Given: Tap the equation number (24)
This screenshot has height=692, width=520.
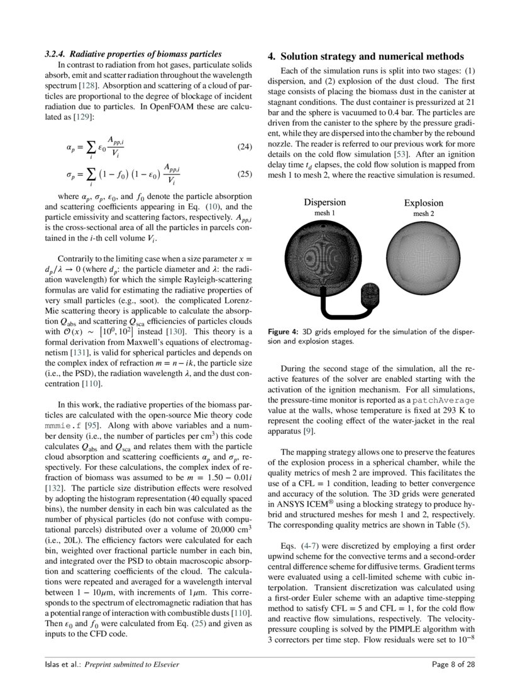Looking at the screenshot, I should (x=245, y=147).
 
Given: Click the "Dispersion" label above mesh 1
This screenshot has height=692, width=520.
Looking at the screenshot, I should (x=324, y=202).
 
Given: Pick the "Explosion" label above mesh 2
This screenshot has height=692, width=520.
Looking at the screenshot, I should (x=423, y=203).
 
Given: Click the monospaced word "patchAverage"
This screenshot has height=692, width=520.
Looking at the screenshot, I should (x=443, y=400).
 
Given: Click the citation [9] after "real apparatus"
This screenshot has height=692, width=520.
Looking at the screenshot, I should (x=309, y=431).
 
